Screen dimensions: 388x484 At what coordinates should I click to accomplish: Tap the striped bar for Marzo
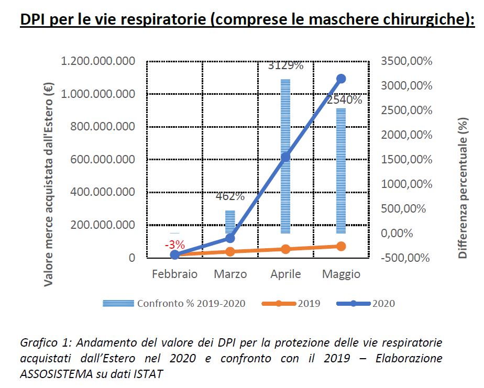pos(230,222)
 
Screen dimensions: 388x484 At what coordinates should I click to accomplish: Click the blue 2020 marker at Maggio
pos(341,79)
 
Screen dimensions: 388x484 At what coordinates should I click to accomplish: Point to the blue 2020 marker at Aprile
pos(285,157)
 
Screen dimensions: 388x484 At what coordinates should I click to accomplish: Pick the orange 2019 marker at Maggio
pos(341,246)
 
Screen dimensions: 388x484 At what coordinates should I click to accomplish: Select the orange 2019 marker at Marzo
pos(230,251)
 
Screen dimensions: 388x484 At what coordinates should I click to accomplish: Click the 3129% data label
pos(285,66)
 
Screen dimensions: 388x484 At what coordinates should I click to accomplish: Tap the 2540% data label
pos(344,99)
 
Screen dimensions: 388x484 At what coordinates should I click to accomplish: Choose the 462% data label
pos(230,197)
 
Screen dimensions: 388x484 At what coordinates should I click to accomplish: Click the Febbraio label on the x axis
pos(174,274)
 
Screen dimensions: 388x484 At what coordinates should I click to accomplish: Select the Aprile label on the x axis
pos(285,274)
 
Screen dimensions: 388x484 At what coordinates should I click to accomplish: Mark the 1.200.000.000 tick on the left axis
pos(98,61)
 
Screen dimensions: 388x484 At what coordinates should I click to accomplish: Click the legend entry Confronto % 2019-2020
pos(191,303)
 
